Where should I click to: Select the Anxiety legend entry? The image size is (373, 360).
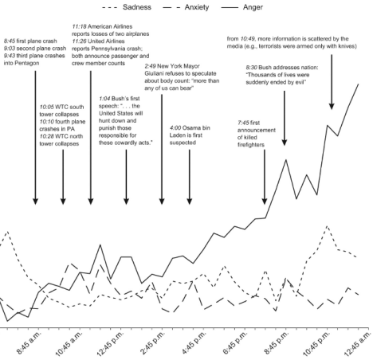click(201, 7)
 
